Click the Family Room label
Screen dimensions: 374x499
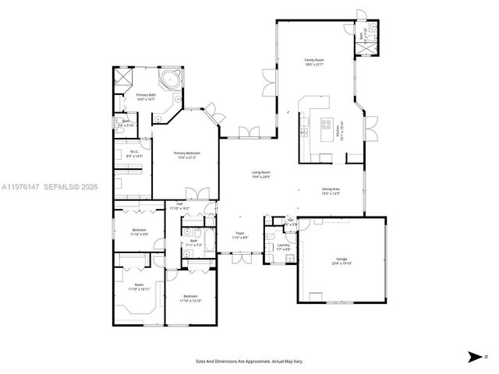click(x=313, y=62)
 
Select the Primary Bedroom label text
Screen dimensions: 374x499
click(x=187, y=155)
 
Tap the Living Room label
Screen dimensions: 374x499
click(x=260, y=174)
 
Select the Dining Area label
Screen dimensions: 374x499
click(x=331, y=191)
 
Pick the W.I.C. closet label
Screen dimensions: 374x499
click(x=134, y=153)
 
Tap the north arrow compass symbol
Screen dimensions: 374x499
click(x=474, y=356)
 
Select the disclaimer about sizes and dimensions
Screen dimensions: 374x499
click(x=249, y=362)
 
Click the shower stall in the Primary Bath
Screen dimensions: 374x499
click(x=122, y=78)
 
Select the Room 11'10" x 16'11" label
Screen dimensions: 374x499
click(x=139, y=287)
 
